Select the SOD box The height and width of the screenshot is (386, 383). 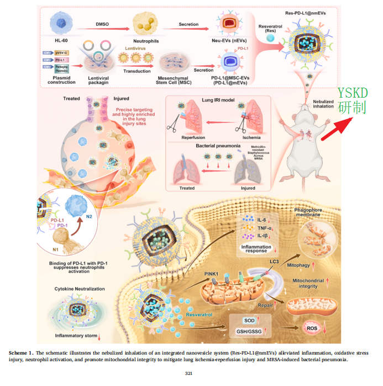[249, 320]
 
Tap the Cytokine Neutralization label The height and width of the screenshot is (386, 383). [79, 288]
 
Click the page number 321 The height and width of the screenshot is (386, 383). [191, 374]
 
